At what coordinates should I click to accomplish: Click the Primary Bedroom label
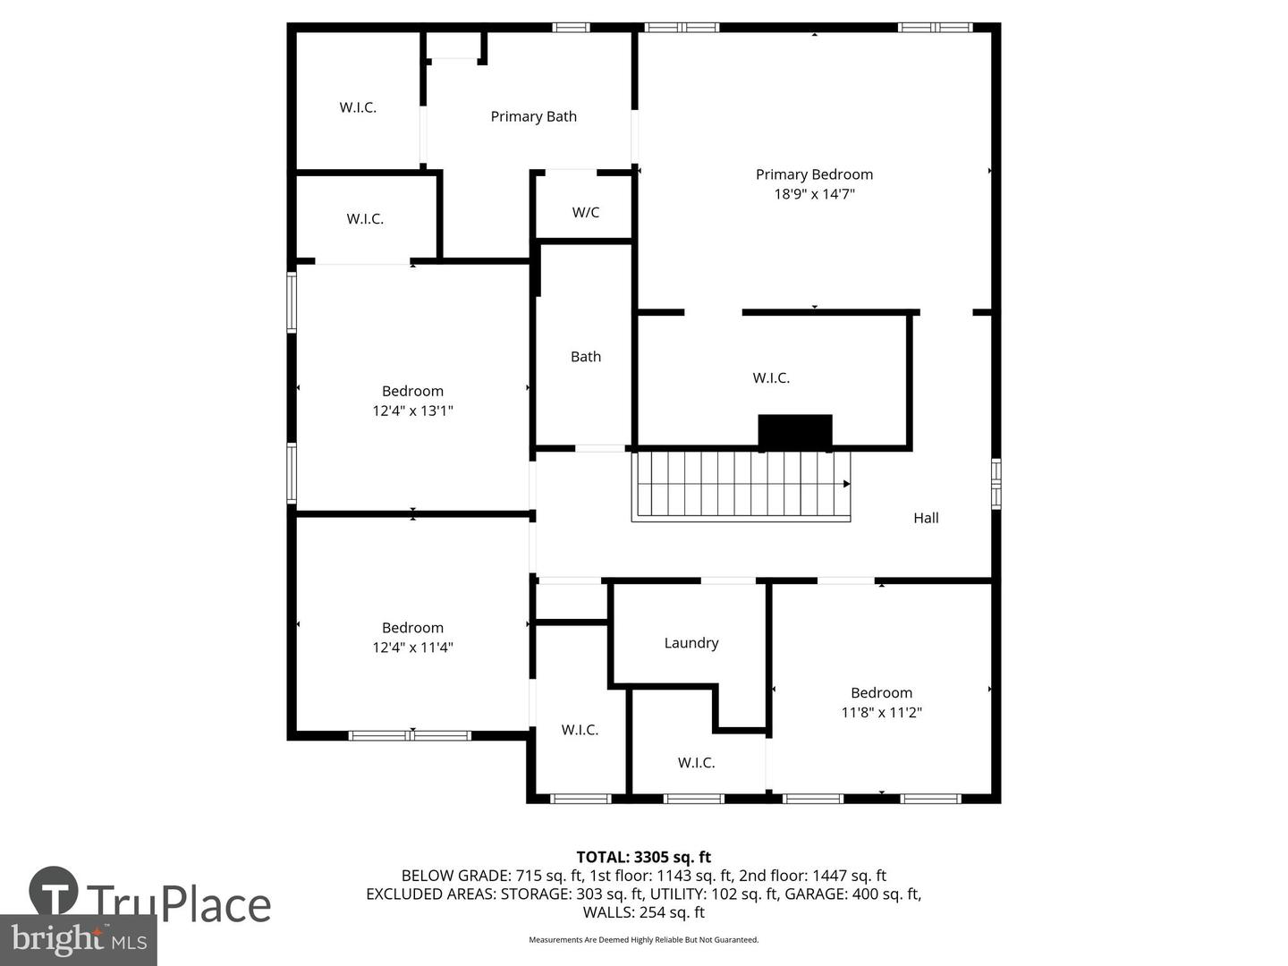tap(814, 174)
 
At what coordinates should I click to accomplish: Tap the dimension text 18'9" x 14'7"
tap(814, 194)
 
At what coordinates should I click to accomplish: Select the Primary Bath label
tap(533, 116)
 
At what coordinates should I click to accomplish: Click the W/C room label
tap(586, 212)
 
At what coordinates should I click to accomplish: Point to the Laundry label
tap(691, 643)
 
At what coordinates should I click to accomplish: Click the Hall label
tap(926, 518)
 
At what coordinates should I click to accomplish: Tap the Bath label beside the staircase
tap(586, 357)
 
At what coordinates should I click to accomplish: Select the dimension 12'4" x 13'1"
tap(412, 411)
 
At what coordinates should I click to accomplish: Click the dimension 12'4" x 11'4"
tap(412, 648)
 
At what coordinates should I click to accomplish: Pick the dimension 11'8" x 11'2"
tap(881, 713)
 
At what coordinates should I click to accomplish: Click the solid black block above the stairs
tap(795, 431)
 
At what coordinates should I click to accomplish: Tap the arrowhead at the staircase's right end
tap(846, 484)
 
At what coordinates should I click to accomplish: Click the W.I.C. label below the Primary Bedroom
tap(771, 378)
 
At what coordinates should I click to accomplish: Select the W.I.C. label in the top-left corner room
tap(358, 107)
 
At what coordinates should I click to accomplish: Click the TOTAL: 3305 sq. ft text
tap(643, 858)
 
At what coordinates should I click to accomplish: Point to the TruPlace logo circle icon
tap(54, 891)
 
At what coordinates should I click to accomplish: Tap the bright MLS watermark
tap(79, 940)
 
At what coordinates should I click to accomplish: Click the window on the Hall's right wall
tap(996, 484)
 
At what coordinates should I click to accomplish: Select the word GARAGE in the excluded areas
tap(813, 894)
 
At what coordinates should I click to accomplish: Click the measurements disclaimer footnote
tap(643, 940)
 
